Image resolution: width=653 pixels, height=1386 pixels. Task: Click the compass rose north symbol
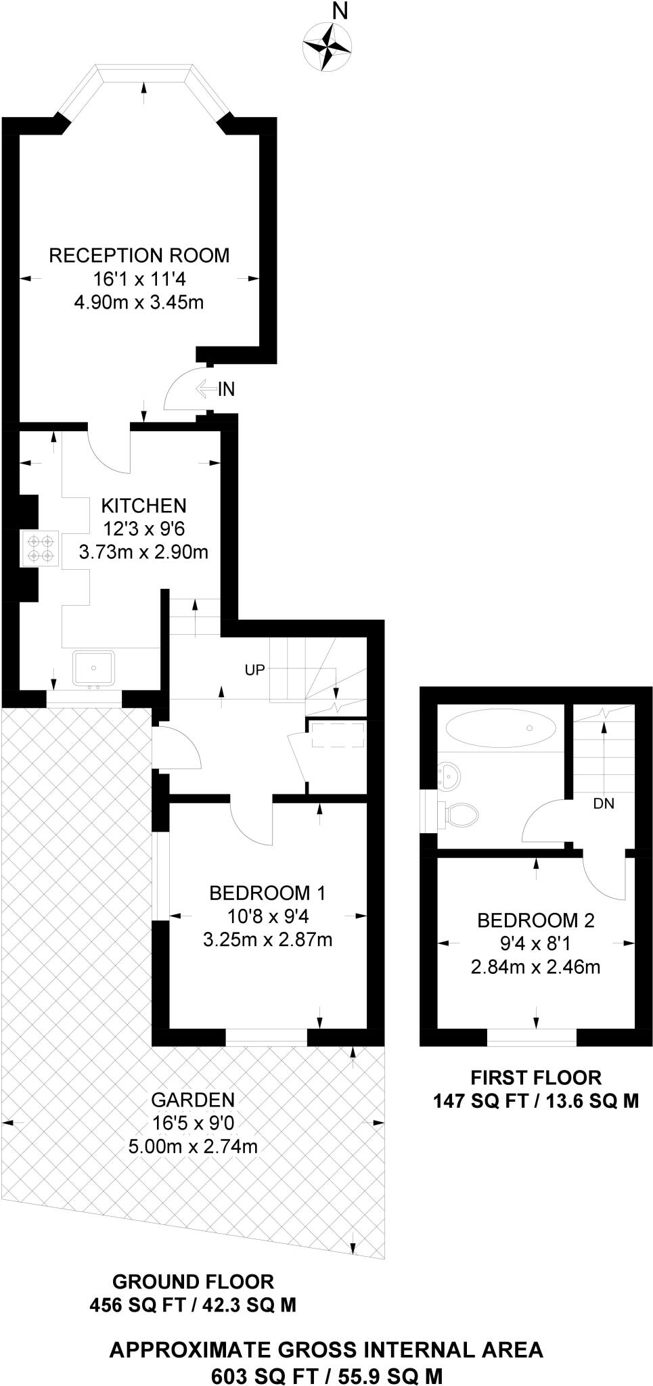[328, 45]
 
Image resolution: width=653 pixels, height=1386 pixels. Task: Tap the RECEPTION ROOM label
[139, 255]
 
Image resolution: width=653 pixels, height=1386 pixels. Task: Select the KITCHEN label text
[143, 506]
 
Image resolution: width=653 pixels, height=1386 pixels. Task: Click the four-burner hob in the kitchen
[41, 547]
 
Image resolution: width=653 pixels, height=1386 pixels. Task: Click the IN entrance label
[226, 389]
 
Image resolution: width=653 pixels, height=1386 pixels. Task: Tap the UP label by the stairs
[254, 669]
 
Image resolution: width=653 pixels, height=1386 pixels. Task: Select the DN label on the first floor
[604, 804]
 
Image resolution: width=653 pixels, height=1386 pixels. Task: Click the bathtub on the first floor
[501, 728]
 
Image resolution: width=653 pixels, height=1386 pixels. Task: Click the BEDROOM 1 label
[267, 893]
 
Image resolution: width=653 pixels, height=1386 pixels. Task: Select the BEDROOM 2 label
[536, 920]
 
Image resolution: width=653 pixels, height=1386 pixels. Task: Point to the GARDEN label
[193, 1100]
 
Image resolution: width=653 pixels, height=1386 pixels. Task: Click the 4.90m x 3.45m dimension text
[139, 302]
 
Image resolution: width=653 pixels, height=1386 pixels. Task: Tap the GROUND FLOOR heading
[193, 1281]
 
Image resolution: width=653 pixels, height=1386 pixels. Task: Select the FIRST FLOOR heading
[536, 1077]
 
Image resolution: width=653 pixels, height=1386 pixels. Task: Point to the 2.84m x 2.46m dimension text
[536, 966]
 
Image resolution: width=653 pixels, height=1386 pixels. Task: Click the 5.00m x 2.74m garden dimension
[193, 1146]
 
